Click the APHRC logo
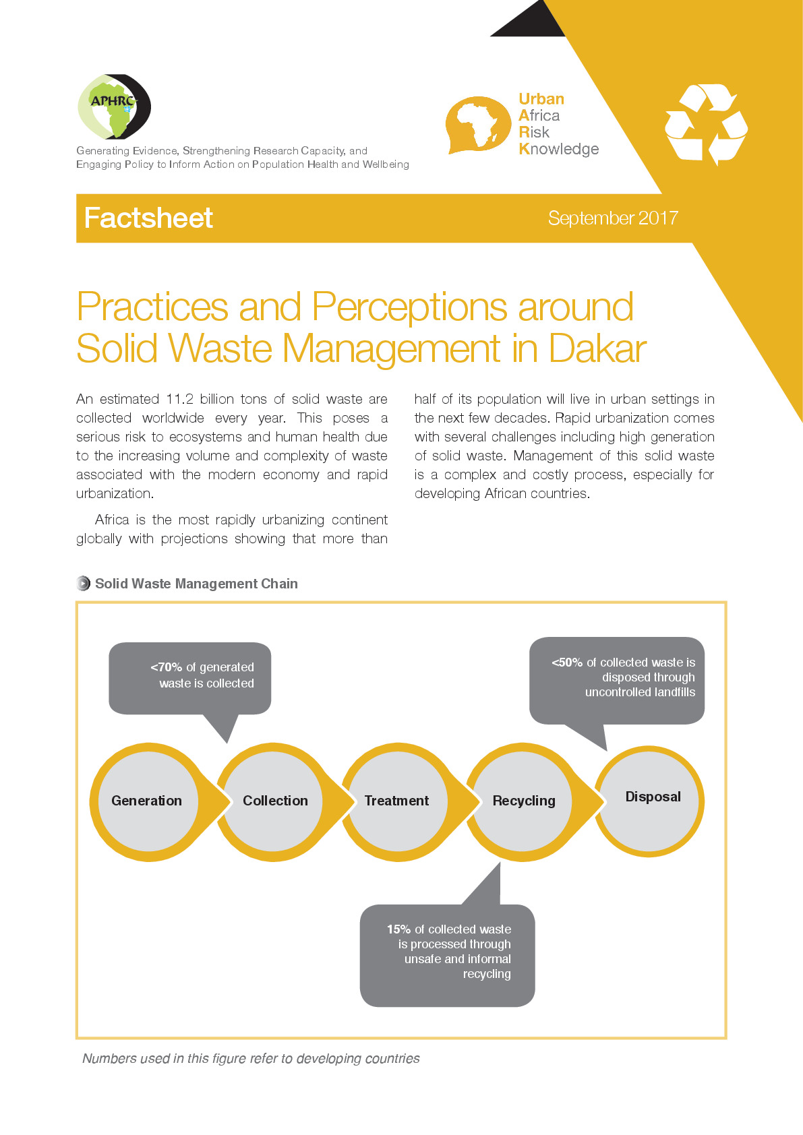coord(114,106)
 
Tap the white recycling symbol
coord(706,124)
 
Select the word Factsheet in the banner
coord(148,218)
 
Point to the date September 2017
coord(613,218)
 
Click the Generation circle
coord(148,801)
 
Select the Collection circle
coord(273,801)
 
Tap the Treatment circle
coord(398,801)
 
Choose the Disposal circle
coord(649,801)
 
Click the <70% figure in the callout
coord(167,667)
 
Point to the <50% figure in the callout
coord(567,663)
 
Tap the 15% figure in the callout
coord(398,929)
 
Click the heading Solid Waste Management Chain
coord(196,584)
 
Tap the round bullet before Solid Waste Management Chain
coord(83,584)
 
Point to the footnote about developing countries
coord(251,1058)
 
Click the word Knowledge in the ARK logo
coord(559,149)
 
